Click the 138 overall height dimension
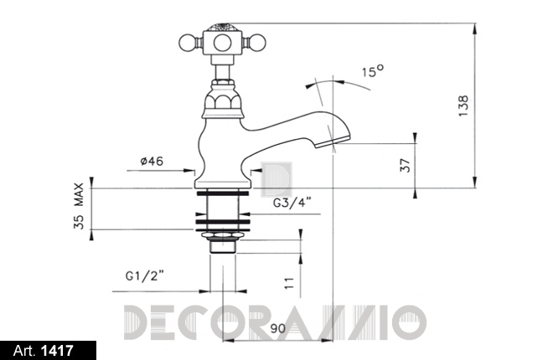[x=463, y=106]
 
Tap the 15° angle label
[x=373, y=71]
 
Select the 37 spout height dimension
[x=406, y=165]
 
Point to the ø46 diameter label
[x=152, y=162]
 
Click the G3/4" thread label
[x=292, y=203]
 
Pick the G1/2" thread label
[x=145, y=275]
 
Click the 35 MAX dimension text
[x=79, y=206]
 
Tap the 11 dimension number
[x=289, y=283]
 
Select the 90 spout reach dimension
[x=278, y=329]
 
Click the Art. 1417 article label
[x=44, y=351]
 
